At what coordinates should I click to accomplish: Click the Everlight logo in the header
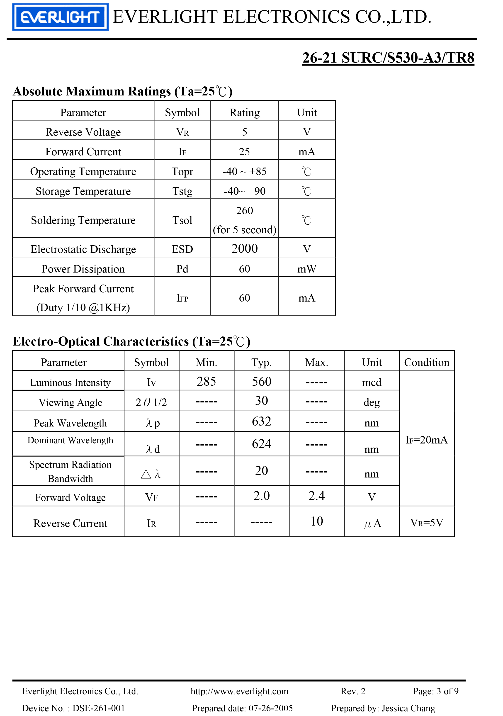(60, 17)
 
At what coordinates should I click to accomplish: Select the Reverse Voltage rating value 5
(245, 132)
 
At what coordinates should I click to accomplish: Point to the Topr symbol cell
(182, 171)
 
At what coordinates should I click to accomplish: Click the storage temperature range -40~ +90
(245, 191)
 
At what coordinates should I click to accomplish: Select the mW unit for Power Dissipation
(307, 269)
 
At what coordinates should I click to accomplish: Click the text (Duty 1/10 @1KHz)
(83, 307)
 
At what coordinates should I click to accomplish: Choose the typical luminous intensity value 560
(262, 381)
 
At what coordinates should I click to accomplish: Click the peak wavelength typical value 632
(262, 421)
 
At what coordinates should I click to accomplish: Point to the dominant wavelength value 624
(262, 444)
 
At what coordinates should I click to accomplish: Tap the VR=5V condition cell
(426, 522)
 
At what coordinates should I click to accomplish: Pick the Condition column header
(426, 362)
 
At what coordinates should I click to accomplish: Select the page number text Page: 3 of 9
(436, 691)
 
